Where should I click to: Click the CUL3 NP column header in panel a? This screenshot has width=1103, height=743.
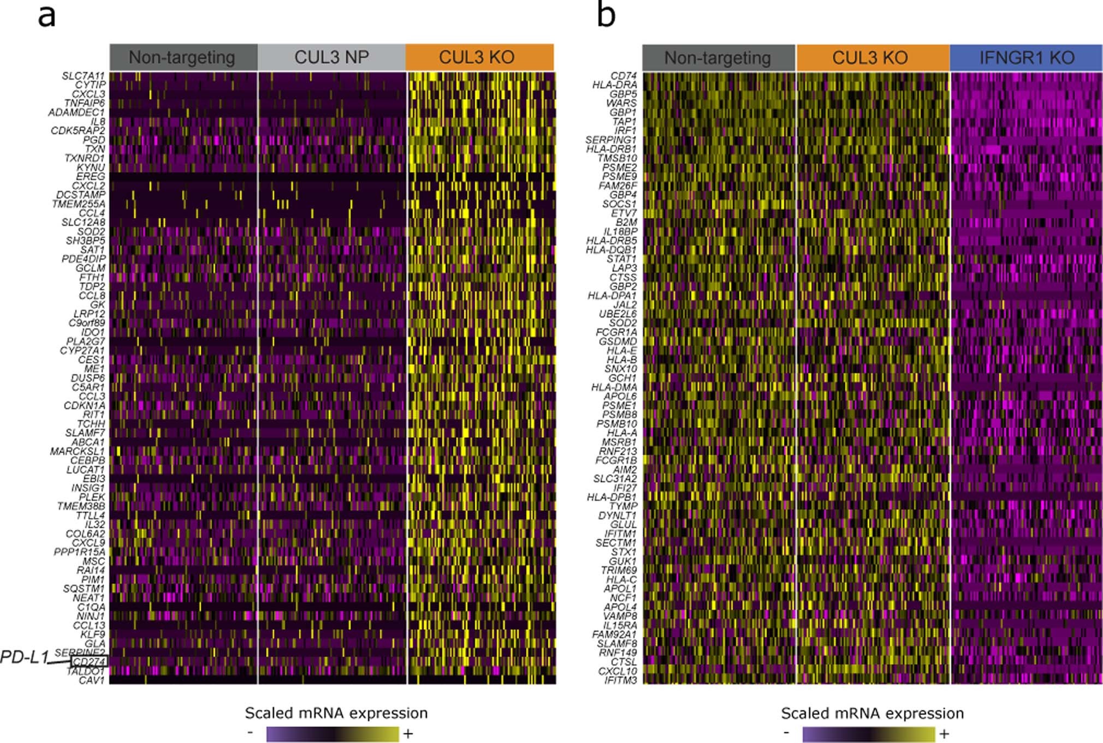click(x=331, y=57)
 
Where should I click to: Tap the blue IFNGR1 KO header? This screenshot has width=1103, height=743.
click(x=1026, y=58)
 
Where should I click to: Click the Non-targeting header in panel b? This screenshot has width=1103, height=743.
click(x=718, y=58)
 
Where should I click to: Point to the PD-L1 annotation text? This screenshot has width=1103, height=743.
click(x=25, y=657)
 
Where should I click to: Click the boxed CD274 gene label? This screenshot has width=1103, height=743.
click(x=88, y=662)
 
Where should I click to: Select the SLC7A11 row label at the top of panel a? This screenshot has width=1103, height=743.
click(x=83, y=76)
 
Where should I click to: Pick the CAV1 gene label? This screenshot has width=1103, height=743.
click(x=91, y=680)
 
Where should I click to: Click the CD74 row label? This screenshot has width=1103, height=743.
click(x=623, y=76)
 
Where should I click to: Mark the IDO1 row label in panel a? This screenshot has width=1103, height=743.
click(x=92, y=332)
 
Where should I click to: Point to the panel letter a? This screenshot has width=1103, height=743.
click(x=46, y=16)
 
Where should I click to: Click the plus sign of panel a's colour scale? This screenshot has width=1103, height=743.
click(x=408, y=734)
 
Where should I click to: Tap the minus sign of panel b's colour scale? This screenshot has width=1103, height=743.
click(x=786, y=732)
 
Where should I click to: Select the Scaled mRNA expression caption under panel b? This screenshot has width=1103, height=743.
click(x=872, y=714)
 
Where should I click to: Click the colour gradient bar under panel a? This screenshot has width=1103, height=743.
click(x=333, y=734)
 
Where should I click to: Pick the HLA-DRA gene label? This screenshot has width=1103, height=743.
click(x=614, y=85)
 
